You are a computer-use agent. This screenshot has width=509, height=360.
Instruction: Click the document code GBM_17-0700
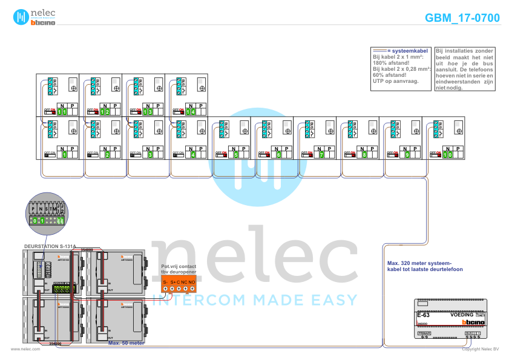462,18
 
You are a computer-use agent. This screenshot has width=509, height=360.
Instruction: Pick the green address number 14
191,112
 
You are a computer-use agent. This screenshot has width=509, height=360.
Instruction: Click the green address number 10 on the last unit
448,155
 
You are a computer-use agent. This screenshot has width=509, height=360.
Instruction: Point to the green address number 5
236,155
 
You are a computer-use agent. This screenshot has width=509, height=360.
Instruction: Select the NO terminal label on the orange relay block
192,282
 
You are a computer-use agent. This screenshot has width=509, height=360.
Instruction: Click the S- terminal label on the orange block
165,282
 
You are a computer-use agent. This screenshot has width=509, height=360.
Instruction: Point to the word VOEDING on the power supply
462,315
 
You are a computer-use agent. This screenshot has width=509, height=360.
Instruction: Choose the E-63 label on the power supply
423,315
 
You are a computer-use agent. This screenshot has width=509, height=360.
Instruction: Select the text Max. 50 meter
125,342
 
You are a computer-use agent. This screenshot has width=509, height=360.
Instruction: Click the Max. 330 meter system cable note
424,266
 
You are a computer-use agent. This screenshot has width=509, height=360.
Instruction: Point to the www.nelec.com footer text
25,349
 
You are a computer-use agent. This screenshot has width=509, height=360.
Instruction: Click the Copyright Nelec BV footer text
480,349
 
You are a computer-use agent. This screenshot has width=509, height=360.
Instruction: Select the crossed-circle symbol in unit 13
160,88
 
